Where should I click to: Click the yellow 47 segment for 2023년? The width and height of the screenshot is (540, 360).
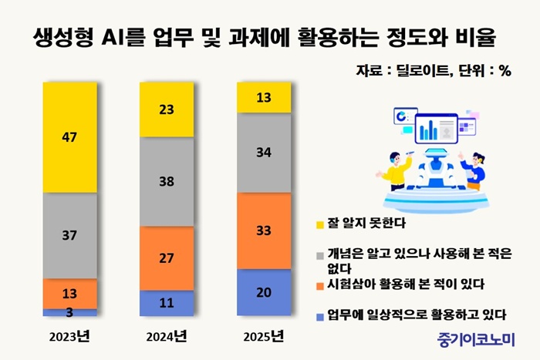tap(69, 137)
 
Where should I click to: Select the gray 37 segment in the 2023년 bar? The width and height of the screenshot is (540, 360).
tap(69, 235)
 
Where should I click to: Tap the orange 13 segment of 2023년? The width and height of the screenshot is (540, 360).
tap(69, 294)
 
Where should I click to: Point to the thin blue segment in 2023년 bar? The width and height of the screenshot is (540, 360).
tap(69, 312)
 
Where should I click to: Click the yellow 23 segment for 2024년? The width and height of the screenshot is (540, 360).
tap(166, 110)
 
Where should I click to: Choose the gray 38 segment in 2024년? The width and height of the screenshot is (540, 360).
tap(166, 183)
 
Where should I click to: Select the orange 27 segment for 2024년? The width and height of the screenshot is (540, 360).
tap(166, 258)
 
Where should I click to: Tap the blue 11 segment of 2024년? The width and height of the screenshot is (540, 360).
tap(166, 303)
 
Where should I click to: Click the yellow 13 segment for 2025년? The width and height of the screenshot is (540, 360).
tap(264, 97)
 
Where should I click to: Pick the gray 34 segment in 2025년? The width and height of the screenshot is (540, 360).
tap(264, 153)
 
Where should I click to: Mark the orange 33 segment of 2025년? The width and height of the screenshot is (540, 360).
tap(264, 230)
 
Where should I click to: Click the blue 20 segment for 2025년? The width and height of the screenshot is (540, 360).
tap(264, 292)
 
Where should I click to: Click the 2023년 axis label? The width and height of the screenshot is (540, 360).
tap(69, 336)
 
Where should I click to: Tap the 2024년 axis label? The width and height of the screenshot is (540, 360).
tap(166, 336)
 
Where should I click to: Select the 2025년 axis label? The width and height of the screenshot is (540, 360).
tap(264, 336)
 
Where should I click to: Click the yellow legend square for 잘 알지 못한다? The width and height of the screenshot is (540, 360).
tap(320, 224)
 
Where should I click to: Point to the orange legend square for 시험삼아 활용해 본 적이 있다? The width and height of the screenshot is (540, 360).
tap(320, 284)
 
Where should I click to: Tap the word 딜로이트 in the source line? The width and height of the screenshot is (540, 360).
tap(420, 70)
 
